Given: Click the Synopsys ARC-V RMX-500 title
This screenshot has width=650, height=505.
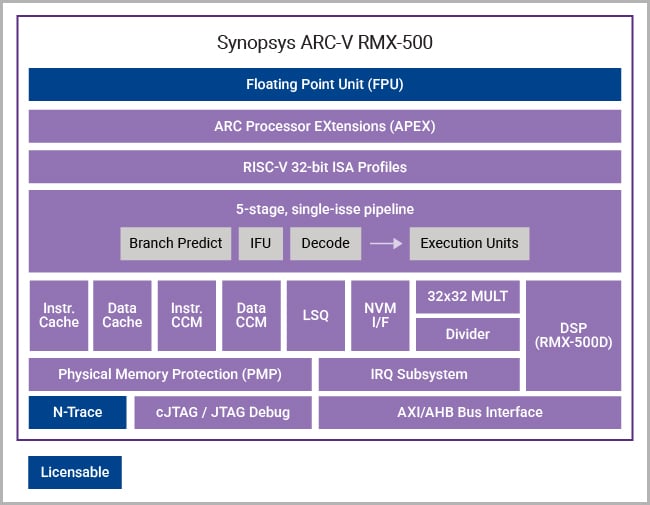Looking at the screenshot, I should pos(325,43).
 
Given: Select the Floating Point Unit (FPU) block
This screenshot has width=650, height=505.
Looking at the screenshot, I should pos(325,84).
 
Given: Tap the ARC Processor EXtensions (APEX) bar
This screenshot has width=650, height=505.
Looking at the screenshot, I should pos(325,126).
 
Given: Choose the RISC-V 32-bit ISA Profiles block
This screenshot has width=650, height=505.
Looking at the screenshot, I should pos(325,167).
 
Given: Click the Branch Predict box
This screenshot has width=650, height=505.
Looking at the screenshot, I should pos(175,243).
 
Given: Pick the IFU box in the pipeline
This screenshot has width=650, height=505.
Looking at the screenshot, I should pos(261,243).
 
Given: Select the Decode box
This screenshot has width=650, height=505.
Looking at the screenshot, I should pos(325,243).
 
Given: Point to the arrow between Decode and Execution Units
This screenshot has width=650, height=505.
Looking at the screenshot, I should pos(385,243).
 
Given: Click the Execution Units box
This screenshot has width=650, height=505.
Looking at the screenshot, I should pos(469,243).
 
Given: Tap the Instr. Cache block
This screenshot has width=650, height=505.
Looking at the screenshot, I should pos(59,315).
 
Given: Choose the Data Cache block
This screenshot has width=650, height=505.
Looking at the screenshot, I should pos(122,315).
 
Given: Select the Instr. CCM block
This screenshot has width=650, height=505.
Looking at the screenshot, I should pos(187,315).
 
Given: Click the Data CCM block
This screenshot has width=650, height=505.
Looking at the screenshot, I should pos(251,315).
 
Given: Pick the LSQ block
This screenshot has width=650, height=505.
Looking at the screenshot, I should pos(315,315).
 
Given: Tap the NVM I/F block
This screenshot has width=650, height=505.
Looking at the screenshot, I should pos(379,315).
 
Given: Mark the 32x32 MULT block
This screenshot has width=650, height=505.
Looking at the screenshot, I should pos(467,296).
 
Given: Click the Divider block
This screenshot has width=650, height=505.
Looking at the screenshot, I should pos(467,334).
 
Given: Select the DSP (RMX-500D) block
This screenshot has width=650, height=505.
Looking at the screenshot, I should pos(573,335).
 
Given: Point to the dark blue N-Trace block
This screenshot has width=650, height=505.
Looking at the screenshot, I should pos(77,412).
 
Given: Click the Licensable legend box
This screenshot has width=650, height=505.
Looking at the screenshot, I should pos(75,472).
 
